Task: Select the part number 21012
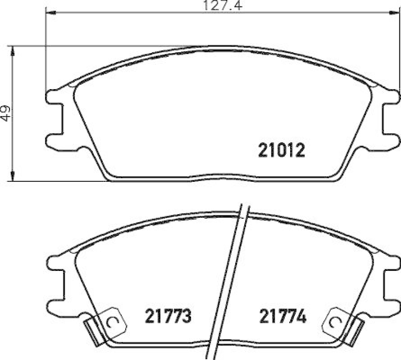(x=281, y=150)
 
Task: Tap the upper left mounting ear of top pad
(x=56, y=96)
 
